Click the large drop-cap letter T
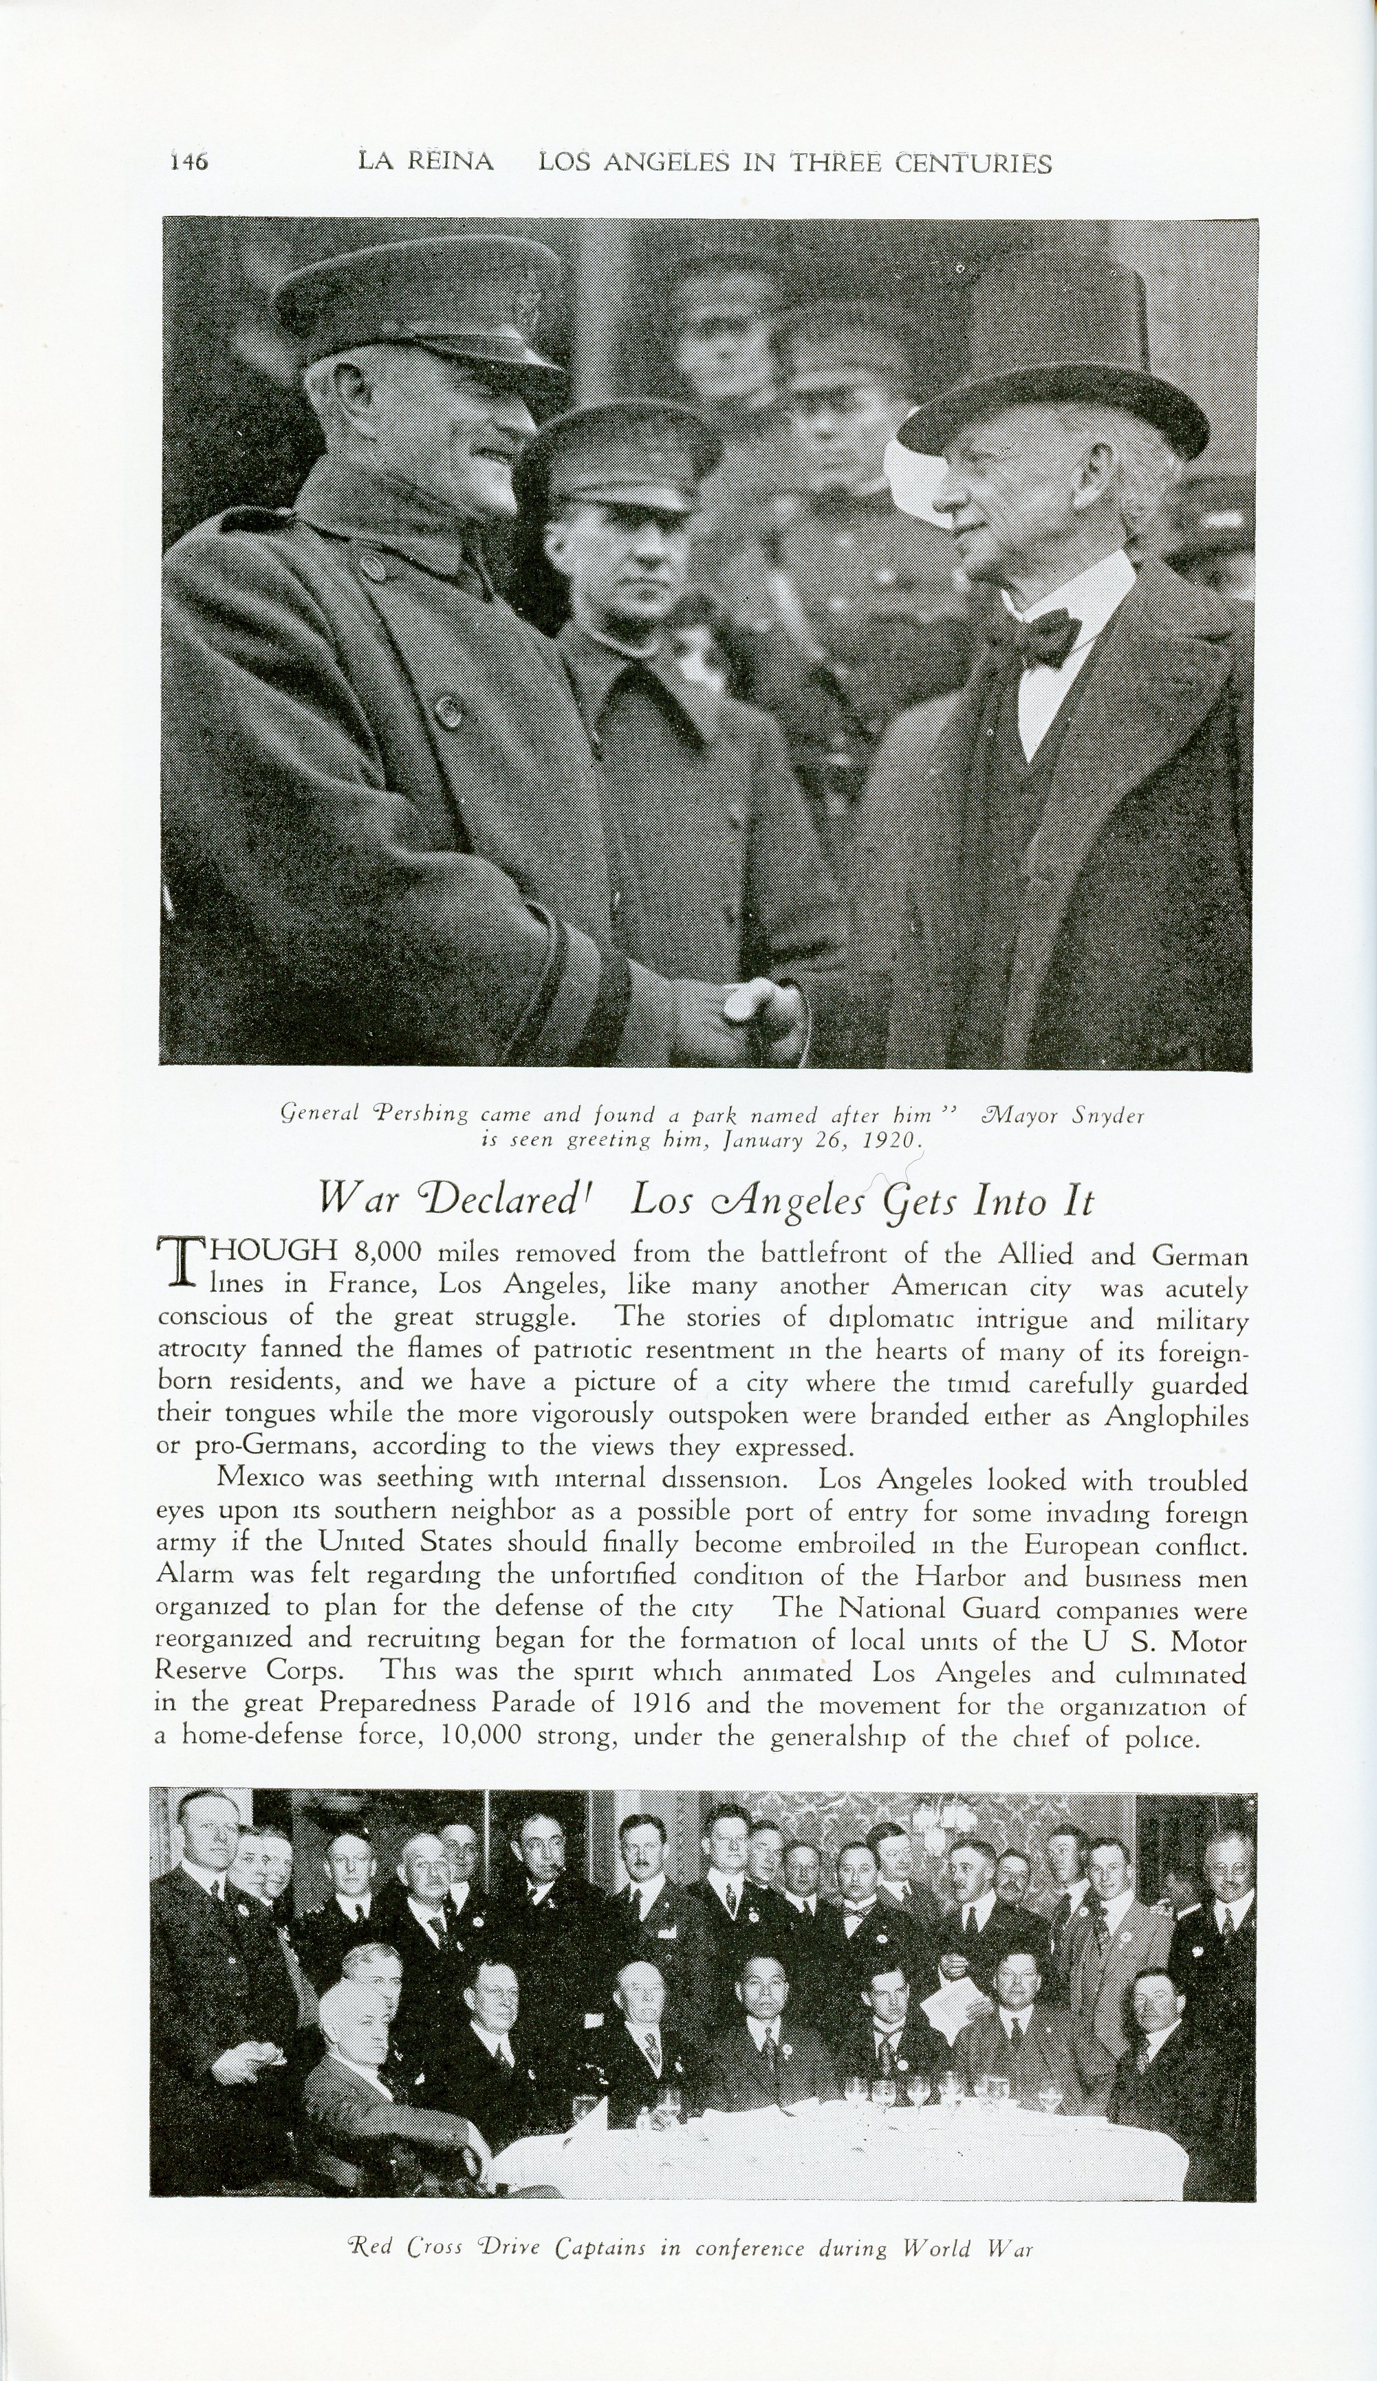pyautogui.click(x=180, y=1264)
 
